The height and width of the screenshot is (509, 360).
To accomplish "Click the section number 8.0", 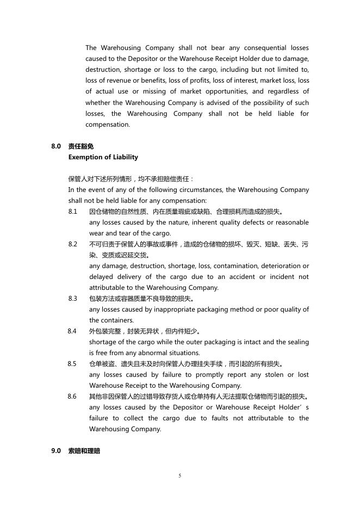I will (56, 146).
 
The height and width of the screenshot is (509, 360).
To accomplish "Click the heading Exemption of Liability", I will (103, 157).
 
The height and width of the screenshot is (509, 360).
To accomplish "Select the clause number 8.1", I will (73, 212).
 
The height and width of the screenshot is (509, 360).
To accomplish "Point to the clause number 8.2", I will (73, 244).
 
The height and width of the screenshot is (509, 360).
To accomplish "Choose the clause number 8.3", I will (73, 299).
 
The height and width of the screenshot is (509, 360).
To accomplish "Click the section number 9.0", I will (56, 451).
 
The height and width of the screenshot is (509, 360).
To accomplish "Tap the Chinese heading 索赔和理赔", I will (84, 451).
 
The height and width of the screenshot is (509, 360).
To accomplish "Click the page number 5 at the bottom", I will (180, 476).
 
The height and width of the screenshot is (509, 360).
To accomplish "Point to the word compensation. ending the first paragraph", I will (108, 125).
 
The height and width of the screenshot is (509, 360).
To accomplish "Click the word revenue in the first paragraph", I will (114, 80).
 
